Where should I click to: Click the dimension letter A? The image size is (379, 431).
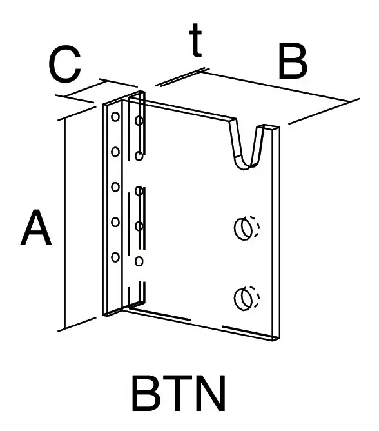[36, 228]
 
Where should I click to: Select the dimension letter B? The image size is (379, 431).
[292, 61]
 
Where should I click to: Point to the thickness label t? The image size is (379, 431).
[196, 40]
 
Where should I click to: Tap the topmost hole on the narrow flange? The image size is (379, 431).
[115, 117]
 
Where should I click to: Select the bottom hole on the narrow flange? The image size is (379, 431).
[115, 257]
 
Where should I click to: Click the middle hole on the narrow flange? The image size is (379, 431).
[115, 187]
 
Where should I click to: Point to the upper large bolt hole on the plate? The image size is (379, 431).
[244, 228]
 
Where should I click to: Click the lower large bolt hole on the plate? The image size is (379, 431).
[244, 298]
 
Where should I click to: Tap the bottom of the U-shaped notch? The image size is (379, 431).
[244, 167]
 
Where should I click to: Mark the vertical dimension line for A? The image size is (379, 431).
[65, 224]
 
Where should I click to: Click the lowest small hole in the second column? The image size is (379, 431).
[139, 261]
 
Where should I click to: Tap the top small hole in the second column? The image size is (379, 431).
[139, 121]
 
